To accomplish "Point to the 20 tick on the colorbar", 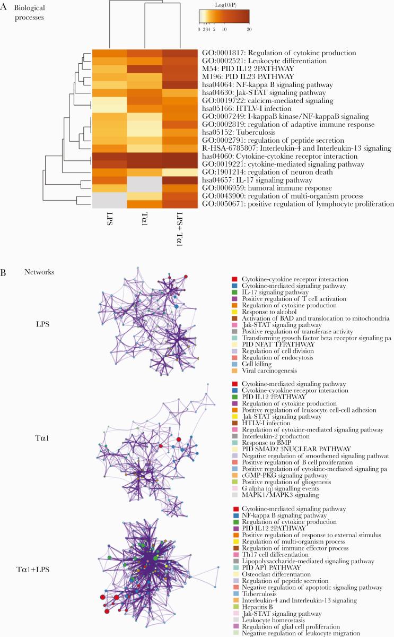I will [249, 30].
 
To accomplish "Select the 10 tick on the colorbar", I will [224, 30].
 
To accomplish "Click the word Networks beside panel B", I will [39, 272].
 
